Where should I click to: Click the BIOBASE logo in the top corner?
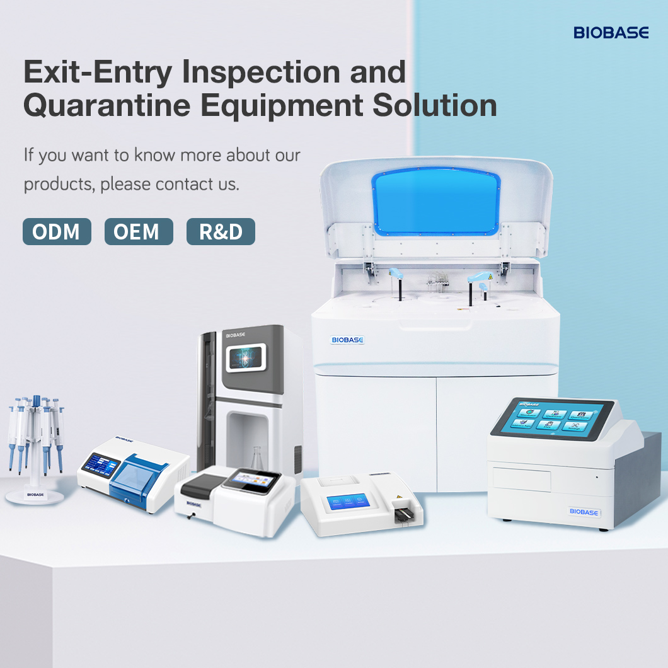[x=611, y=33]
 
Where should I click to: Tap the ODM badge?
[x=57, y=232]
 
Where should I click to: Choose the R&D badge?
[x=221, y=232]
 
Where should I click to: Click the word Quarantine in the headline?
[x=107, y=106]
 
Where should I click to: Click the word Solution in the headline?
[x=434, y=106]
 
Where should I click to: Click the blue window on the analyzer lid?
[x=436, y=201]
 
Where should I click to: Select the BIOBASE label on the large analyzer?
[x=348, y=340]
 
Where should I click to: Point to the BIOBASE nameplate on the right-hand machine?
[x=583, y=512]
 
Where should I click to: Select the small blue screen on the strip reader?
[x=344, y=502]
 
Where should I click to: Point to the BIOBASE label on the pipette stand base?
[x=35, y=495]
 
